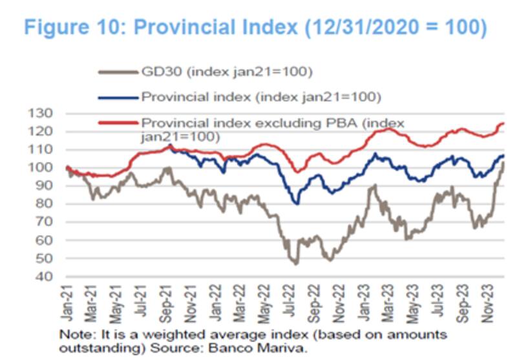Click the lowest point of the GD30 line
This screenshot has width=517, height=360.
(x=296, y=264)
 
